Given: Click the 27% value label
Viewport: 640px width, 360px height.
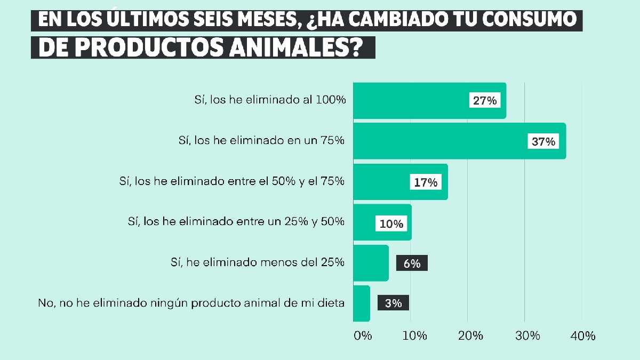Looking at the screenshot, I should (484, 100).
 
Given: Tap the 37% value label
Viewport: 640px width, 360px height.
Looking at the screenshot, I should (543, 141).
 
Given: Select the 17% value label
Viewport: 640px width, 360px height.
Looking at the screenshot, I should (426, 182).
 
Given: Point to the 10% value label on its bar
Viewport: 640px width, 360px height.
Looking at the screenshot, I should (391, 223).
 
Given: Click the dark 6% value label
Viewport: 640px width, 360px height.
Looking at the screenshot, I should (412, 263).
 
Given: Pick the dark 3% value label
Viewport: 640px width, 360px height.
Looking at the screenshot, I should (393, 303).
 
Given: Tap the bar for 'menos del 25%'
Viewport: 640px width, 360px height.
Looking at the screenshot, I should (371, 263).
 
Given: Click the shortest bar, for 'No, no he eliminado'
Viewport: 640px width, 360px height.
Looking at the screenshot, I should (361, 303).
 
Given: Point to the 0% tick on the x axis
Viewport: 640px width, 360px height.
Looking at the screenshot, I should (362, 336).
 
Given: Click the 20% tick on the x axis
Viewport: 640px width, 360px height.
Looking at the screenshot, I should (471, 336).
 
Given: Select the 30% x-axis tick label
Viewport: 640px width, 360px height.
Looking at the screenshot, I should (528, 336).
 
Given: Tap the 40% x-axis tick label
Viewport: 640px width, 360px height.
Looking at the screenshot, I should (583, 336).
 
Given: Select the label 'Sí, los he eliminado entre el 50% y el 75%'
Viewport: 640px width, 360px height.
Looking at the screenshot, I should (232, 181).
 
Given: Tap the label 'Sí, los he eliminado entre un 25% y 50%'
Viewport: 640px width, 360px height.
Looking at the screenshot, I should (236, 221).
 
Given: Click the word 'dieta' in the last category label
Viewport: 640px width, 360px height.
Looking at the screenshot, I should (332, 303).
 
